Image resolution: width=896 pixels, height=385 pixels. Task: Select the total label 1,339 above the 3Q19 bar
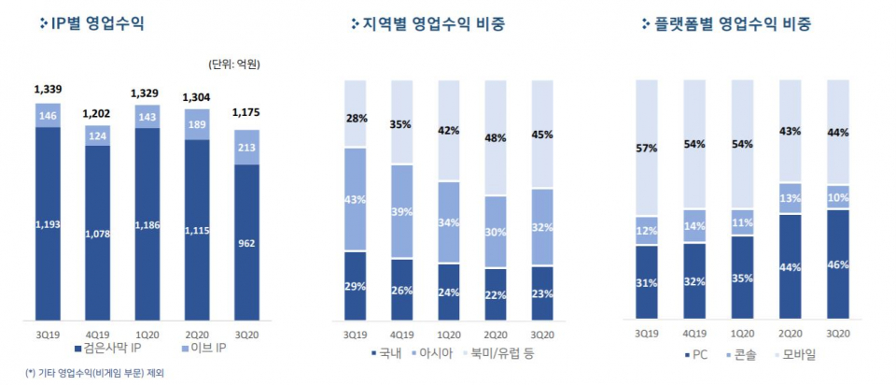48,90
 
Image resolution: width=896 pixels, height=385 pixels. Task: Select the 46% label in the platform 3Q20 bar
837,264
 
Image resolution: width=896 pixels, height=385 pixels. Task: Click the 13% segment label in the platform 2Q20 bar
790,198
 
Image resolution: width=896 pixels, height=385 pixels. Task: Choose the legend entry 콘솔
745,354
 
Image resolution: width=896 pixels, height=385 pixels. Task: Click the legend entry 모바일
798,354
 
